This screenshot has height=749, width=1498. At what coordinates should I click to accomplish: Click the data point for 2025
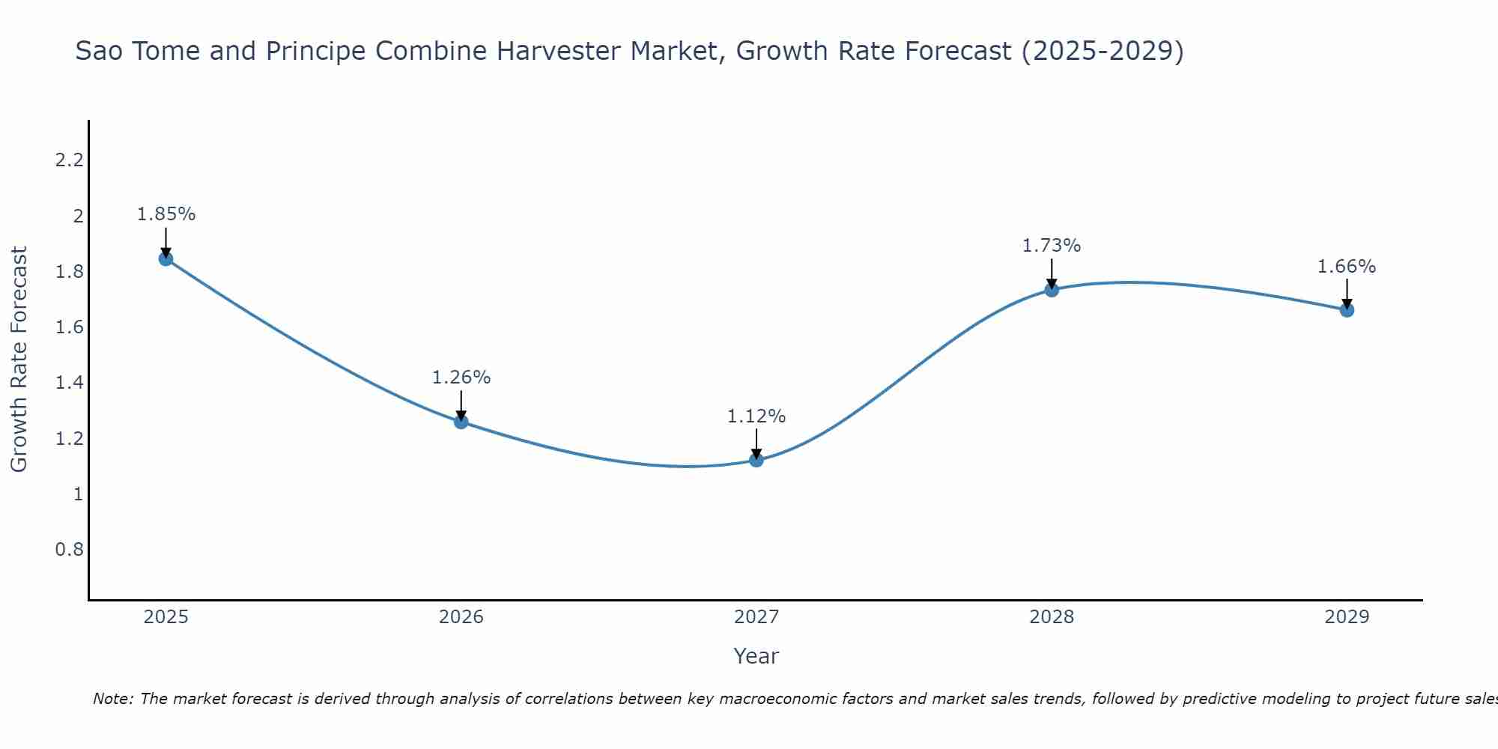[166, 259]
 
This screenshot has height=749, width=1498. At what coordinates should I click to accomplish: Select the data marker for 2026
[461, 422]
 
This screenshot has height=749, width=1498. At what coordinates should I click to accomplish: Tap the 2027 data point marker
[756, 460]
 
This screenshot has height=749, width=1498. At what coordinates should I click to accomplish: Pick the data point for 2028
[1052, 290]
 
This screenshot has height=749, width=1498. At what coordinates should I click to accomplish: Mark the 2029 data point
[1347, 310]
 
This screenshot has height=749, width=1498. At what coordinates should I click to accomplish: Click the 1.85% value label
[166, 214]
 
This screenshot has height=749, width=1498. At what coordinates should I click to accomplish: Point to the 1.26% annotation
[461, 377]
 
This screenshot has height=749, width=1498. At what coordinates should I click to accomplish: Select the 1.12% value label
[756, 416]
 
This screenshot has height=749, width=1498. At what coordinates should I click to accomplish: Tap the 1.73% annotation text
[1052, 246]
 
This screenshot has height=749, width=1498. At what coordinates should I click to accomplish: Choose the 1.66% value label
[1347, 267]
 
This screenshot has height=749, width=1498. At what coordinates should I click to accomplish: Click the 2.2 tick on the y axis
[70, 160]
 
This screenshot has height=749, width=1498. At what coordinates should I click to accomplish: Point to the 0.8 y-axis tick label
[70, 550]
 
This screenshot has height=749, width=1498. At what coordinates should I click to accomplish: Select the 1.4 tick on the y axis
[70, 383]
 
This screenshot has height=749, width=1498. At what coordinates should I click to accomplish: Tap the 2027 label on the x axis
[756, 617]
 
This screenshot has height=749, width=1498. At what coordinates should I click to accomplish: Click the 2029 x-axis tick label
[1347, 617]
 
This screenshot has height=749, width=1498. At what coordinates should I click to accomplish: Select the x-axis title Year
[756, 656]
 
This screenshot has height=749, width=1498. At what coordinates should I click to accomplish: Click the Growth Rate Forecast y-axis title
[19, 359]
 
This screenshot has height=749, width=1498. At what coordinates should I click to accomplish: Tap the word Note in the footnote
[112, 699]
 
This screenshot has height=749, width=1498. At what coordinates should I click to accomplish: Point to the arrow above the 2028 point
[1052, 273]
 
